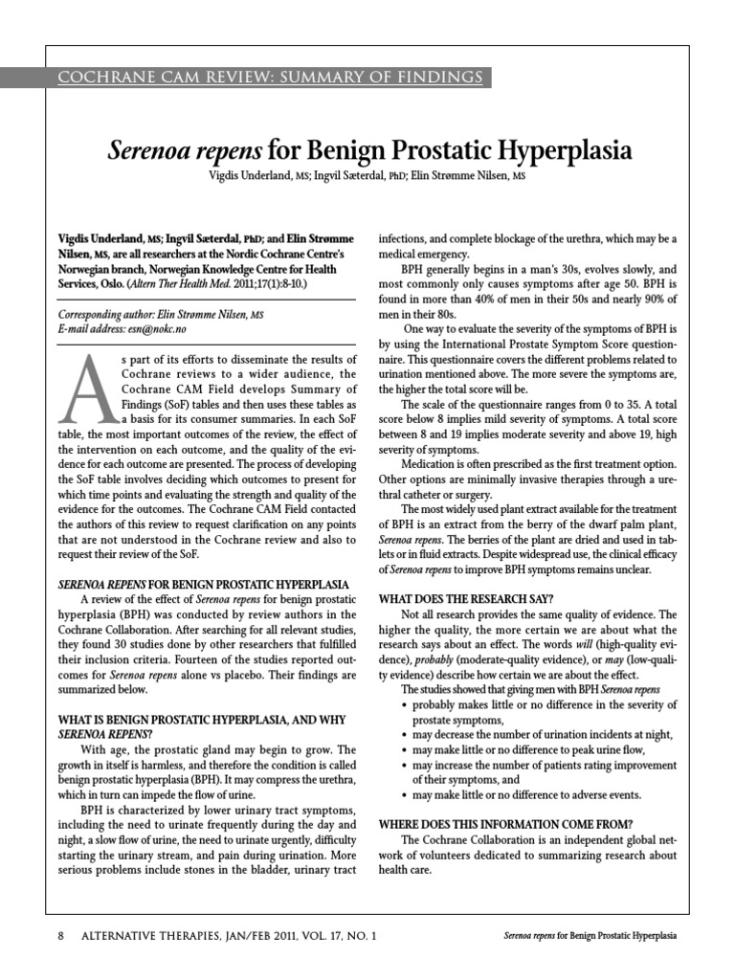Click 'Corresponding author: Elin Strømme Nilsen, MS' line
(x=162, y=313)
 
